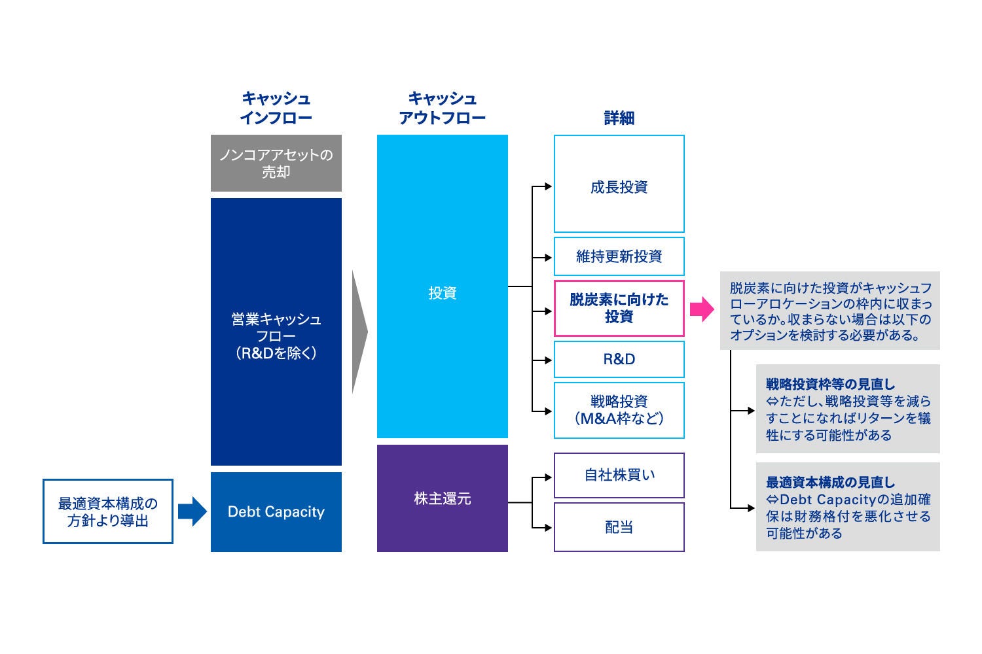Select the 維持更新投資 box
[619, 256]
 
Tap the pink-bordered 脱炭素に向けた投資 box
[619, 308]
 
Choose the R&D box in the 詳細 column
[619, 359]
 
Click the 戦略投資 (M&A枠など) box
[619, 410]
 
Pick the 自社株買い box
[619, 475]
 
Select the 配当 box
[619, 527]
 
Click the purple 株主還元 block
[442, 498]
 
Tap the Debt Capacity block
[276, 512]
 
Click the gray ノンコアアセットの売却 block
[276, 163]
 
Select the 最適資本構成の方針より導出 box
[108, 511]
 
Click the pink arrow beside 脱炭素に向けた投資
[702, 309]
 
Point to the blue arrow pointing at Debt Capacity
[192, 511]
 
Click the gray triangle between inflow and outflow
[359, 332]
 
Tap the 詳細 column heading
[619, 118]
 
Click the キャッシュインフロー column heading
[276, 109]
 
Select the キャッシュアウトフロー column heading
[442, 109]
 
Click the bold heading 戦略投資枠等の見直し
[830, 385]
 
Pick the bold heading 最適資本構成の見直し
[830, 483]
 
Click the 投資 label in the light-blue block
[442, 293]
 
